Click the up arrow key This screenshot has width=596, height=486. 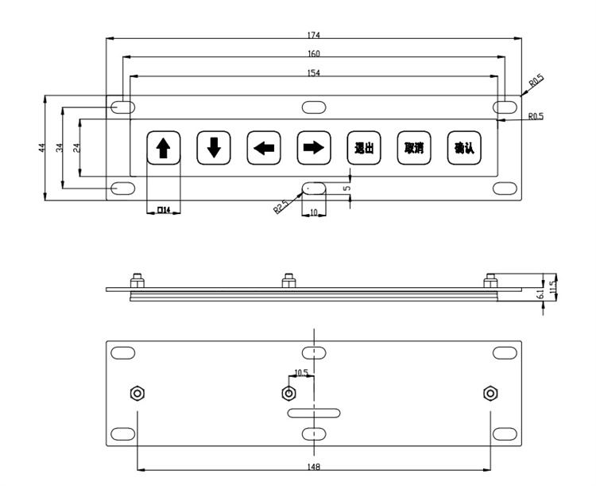tap(164, 147)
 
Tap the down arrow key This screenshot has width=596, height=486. tap(213, 147)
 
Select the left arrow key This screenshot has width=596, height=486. tap(263, 147)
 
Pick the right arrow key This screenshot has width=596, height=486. tap(314, 147)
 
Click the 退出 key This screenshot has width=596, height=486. tap(363, 147)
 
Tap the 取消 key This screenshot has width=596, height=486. tap(413, 147)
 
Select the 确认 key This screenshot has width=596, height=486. tap(463, 147)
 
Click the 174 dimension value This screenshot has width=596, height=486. tap(315, 36)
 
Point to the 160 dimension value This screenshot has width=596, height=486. tap(313, 54)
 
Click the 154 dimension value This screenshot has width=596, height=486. tap(314, 72)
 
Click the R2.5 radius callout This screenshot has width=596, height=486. tap(281, 208)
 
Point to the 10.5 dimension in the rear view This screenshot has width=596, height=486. tap(301, 372)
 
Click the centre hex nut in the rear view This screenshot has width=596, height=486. tap(288, 393)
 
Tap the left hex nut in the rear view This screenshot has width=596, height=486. tap(136, 393)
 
